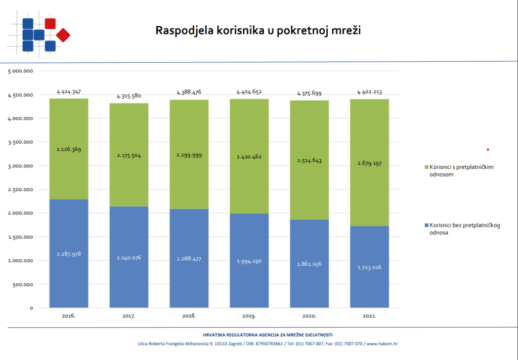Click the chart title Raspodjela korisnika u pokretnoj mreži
(258, 30)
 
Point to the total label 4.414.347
(69, 92)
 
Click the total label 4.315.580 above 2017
(129, 96)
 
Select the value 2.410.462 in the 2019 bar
(249, 157)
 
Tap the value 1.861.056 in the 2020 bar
(309, 264)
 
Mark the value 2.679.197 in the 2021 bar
(369, 164)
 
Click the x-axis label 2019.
(249, 316)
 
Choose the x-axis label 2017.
(129, 316)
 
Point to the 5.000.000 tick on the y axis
(21, 71)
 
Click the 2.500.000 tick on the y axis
(21, 190)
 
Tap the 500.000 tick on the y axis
(22, 284)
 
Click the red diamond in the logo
(63, 35)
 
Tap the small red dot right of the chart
(488, 150)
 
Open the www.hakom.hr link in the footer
(382, 344)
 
